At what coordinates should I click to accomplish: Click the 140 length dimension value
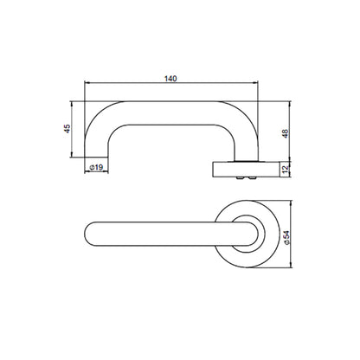click(x=170, y=79)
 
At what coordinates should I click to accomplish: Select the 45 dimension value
click(x=67, y=129)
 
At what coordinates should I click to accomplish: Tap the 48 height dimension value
click(x=285, y=133)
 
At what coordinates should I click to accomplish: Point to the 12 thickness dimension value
click(x=286, y=169)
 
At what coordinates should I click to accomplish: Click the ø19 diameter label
click(x=96, y=167)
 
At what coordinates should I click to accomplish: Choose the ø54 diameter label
click(x=286, y=238)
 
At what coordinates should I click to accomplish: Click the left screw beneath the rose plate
click(x=239, y=178)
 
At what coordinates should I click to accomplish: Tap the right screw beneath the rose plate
click(x=253, y=178)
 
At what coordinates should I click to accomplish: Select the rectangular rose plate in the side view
click(x=247, y=170)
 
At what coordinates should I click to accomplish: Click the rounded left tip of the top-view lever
click(x=87, y=234)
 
